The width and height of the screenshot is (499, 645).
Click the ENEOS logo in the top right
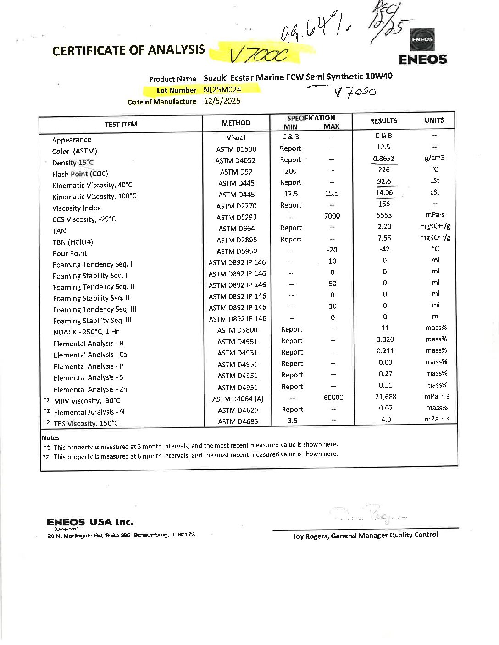coord(422,47)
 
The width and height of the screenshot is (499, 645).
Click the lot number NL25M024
coord(222,90)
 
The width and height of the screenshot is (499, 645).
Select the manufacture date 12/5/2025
coord(222,101)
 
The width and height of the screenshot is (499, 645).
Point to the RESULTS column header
coord(383,121)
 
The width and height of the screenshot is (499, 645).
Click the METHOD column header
coord(236,123)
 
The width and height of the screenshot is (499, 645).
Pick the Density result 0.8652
coord(383,159)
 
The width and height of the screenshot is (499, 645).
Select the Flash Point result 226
coord(384,169)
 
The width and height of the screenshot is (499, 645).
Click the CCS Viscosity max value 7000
coord(332,216)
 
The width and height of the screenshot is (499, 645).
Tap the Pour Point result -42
coord(384,249)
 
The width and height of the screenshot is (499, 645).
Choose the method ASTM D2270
coord(236,206)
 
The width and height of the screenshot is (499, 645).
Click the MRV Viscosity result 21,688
coord(386,397)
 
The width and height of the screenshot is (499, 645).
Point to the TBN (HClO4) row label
coord(72,242)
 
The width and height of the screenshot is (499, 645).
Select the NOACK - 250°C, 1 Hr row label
coord(86,332)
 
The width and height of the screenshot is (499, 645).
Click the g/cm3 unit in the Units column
coord(434,158)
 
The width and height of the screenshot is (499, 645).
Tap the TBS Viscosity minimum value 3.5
coord(292,421)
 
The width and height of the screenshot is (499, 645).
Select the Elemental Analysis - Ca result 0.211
coord(385,351)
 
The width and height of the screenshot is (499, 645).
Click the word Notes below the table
coord(50,437)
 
